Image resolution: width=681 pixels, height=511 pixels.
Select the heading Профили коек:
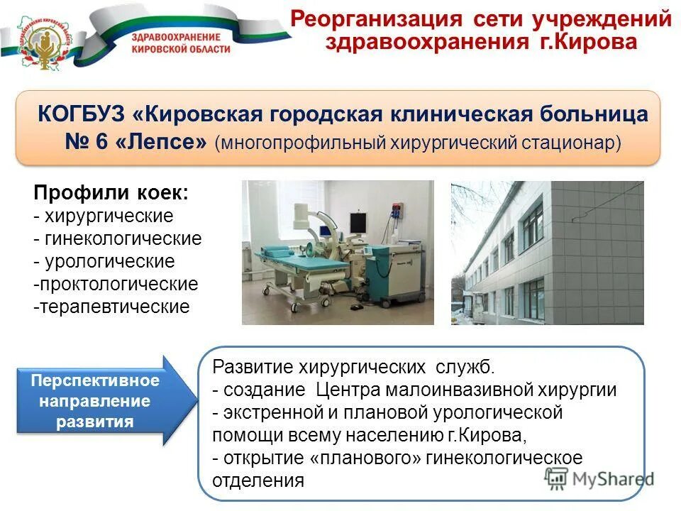pyautogui.click(x=111, y=193)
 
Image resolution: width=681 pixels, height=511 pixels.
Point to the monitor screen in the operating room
pyautogui.click(x=358, y=221)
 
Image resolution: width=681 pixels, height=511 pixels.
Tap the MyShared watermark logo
pyautogui.click(x=599, y=478)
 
